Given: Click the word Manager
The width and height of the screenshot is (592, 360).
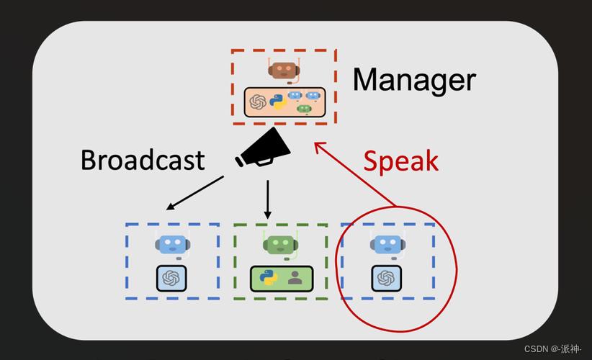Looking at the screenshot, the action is click(x=414, y=80).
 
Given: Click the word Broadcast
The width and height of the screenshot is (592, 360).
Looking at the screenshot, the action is click(x=143, y=160).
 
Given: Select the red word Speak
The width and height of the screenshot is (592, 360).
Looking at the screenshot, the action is click(x=400, y=161).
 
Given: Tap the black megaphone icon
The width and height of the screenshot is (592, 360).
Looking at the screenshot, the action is click(x=263, y=148).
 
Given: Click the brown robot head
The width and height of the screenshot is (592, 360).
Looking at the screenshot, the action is click(x=284, y=70).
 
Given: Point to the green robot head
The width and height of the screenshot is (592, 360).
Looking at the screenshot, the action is click(x=280, y=245).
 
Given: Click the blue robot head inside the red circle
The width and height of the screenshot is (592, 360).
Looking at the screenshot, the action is click(x=387, y=245).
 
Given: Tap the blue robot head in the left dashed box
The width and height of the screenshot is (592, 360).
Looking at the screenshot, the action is click(x=173, y=245).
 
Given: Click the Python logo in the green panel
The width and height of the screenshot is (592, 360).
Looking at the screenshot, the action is click(x=269, y=278).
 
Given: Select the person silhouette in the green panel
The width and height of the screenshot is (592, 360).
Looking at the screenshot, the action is click(x=295, y=278).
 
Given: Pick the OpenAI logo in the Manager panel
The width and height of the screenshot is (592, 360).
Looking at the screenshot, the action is click(x=258, y=102).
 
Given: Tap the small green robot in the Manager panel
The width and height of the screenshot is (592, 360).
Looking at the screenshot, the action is click(x=305, y=109).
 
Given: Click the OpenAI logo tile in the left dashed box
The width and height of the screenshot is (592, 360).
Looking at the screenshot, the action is click(x=171, y=279).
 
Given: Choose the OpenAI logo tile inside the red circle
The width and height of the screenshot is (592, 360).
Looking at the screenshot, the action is click(x=386, y=279).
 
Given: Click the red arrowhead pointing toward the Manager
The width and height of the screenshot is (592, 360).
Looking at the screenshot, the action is click(x=320, y=146).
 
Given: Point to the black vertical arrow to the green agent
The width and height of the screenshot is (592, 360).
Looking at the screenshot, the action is click(x=268, y=199).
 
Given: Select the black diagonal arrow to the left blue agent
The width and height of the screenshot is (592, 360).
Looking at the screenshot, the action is click(x=195, y=193).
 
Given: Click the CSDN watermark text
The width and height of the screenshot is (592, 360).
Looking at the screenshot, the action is click(x=552, y=349).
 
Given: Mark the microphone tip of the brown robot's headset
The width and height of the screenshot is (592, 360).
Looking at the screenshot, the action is click(x=290, y=82).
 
